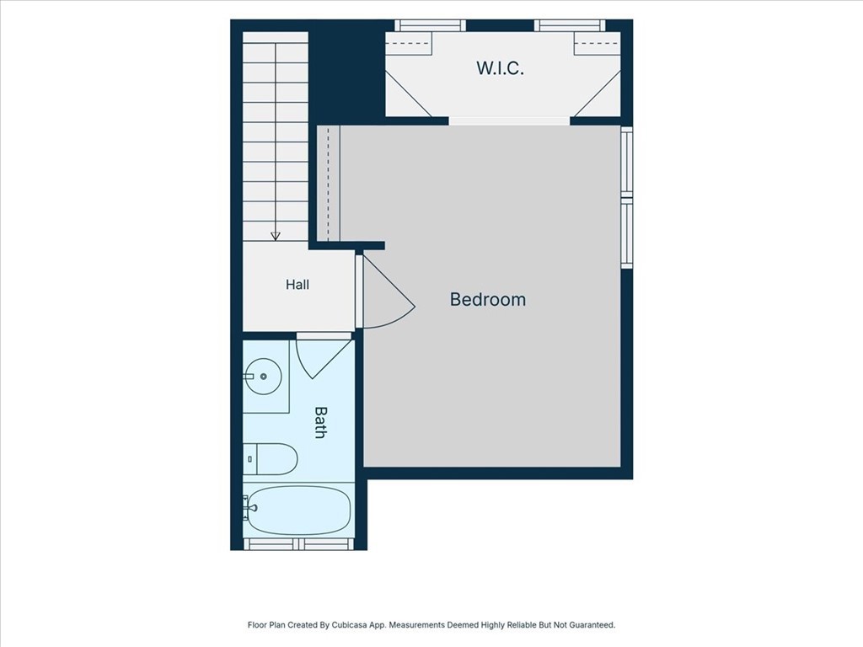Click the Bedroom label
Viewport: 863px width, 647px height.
(488, 299)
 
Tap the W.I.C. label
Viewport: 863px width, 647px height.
(500, 68)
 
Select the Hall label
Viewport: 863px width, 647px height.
(297, 285)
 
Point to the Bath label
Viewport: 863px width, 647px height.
(319, 422)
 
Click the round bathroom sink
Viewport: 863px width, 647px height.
(263, 377)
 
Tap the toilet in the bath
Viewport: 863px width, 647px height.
(271, 459)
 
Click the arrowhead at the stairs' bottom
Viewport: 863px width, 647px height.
(276, 237)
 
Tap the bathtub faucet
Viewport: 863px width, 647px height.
(250, 508)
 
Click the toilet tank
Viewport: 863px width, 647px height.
(249, 459)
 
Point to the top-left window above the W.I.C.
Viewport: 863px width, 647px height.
(430, 25)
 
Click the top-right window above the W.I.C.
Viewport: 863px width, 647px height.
(570, 25)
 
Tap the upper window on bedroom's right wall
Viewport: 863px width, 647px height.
(627, 163)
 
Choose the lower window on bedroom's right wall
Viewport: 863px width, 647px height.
(627, 233)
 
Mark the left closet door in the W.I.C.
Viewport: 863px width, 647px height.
(408, 94)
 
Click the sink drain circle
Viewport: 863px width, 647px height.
(263, 377)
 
